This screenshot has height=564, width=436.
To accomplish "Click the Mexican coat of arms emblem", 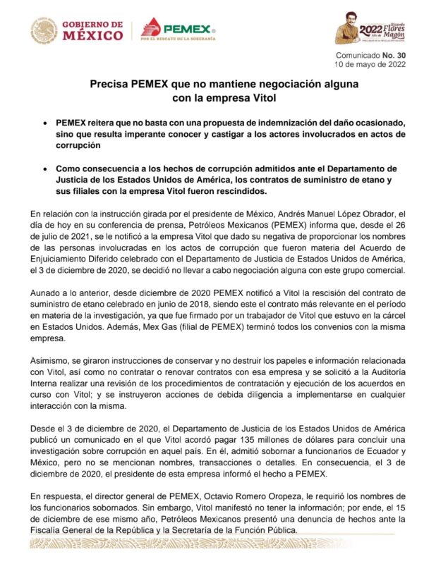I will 44,30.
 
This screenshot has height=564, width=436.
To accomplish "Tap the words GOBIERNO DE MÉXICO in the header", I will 92,30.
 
